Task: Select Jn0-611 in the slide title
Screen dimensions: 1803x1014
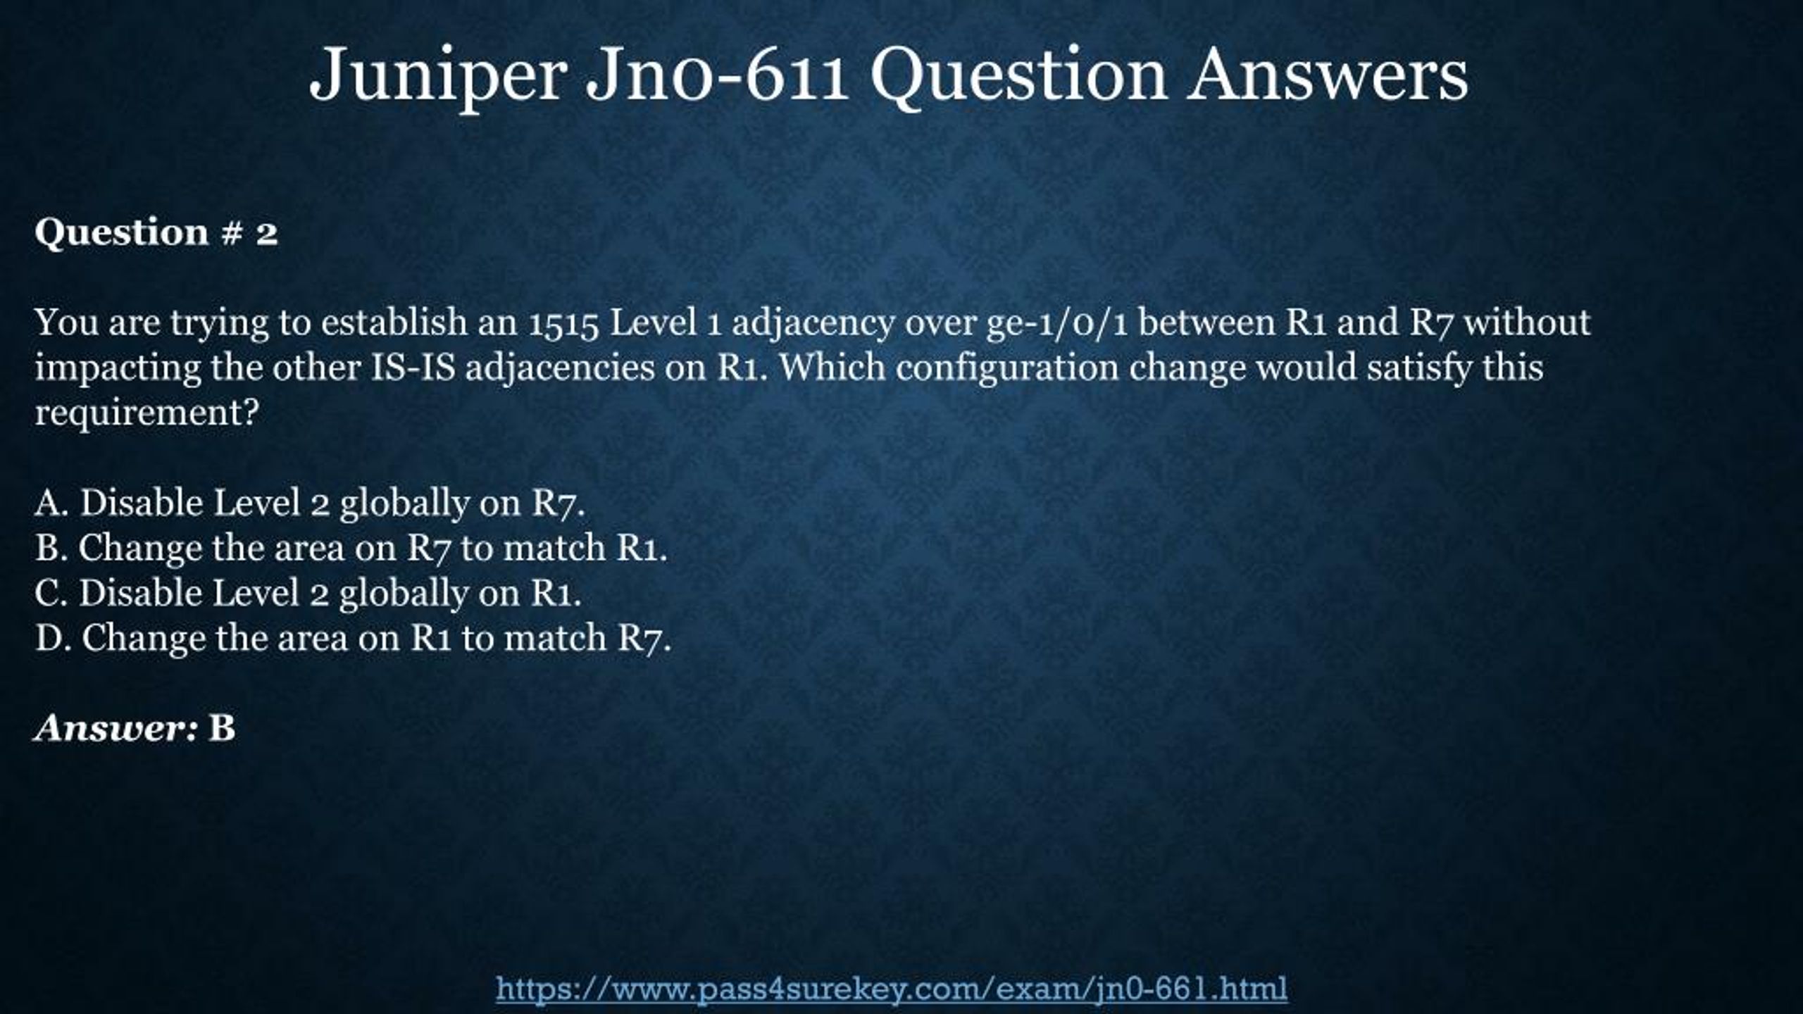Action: [718, 73]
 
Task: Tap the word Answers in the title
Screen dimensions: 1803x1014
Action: [1328, 73]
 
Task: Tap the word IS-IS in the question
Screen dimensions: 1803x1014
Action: [413, 368]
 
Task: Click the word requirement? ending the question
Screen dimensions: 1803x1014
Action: [147, 413]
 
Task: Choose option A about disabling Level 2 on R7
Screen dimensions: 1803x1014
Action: [310, 504]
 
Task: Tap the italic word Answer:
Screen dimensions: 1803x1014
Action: [116, 728]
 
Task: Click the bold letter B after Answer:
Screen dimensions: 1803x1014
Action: [222, 728]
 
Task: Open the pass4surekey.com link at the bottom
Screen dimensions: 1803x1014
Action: [892, 989]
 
